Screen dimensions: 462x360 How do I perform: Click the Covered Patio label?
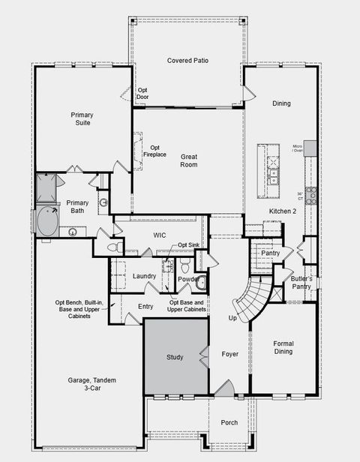tap(187, 60)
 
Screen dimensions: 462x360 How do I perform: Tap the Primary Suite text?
tap(82, 118)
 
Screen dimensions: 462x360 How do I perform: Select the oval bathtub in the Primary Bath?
tap(48, 222)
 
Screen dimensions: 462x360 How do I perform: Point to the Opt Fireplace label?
tap(155, 151)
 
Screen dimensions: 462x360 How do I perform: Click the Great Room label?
tap(188, 160)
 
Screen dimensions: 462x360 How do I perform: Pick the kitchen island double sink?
tap(274, 177)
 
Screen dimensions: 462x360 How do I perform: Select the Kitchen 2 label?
tap(283, 211)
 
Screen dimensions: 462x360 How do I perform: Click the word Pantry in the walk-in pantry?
tap(270, 253)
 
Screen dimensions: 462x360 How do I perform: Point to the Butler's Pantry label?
tap(301, 282)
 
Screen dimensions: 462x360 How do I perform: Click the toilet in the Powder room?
tap(185, 265)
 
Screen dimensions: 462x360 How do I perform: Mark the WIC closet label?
tap(159, 235)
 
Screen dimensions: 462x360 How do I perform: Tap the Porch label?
tap(229, 423)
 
